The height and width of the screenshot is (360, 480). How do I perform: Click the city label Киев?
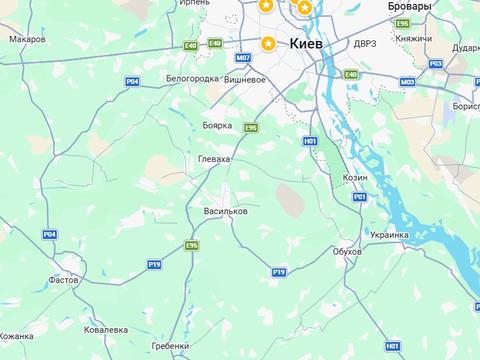(307, 44)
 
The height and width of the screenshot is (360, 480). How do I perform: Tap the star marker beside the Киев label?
(268, 43)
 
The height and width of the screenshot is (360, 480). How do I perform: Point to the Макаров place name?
(28, 39)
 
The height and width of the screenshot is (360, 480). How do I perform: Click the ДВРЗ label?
(364, 45)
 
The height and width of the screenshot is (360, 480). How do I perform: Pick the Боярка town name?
(216, 125)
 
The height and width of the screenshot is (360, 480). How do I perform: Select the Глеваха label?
(215, 158)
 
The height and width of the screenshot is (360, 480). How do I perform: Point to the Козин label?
(355, 176)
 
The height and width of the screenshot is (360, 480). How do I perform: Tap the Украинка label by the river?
(389, 235)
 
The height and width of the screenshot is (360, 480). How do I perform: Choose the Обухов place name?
(346, 251)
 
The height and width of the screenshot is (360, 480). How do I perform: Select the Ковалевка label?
(106, 329)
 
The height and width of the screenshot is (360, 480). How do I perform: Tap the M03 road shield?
(407, 81)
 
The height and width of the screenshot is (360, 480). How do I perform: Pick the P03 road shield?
(435, 63)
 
